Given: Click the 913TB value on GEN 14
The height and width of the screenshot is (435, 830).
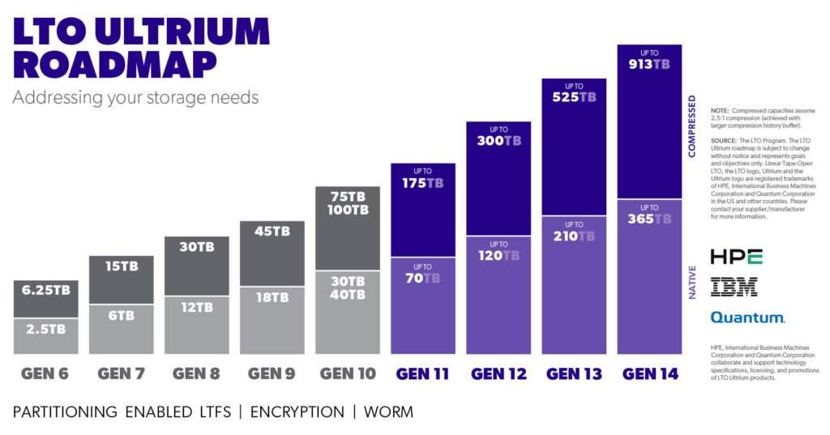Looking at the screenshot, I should pyautogui.click(x=649, y=64).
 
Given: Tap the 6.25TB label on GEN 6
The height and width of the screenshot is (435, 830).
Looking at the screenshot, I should pyautogui.click(x=46, y=289).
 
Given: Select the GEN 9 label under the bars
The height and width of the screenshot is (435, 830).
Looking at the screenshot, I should pyautogui.click(x=272, y=374).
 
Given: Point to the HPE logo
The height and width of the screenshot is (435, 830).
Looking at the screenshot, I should pyautogui.click(x=736, y=258).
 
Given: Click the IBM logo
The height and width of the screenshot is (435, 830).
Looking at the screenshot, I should pyautogui.click(x=734, y=286).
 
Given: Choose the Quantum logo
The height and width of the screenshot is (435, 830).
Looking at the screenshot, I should pyautogui.click(x=747, y=318).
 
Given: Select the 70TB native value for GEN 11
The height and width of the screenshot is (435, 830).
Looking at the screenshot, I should pyautogui.click(x=423, y=278).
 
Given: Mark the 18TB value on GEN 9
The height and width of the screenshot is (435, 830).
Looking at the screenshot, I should pyautogui.click(x=272, y=298).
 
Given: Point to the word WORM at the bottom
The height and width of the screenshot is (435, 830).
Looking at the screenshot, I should pyautogui.click(x=389, y=412).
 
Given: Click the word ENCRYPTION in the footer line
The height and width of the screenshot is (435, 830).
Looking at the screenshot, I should pyautogui.click(x=297, y=412).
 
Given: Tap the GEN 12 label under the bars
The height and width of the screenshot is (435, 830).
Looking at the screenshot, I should pyautogui.click(x=498, y=374).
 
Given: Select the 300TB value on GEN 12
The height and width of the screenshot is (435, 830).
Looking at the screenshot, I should pyautogui.click(x=498, y=141).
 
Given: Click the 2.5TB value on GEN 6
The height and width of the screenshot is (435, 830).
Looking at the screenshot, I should pyautogui.click(x=46, y=329).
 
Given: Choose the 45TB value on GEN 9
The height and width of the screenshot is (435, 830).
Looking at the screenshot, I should pyautogui.click(x=272, y=231).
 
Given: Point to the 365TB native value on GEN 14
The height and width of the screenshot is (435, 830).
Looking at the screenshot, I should pyautogui.click(x=649, y=220).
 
